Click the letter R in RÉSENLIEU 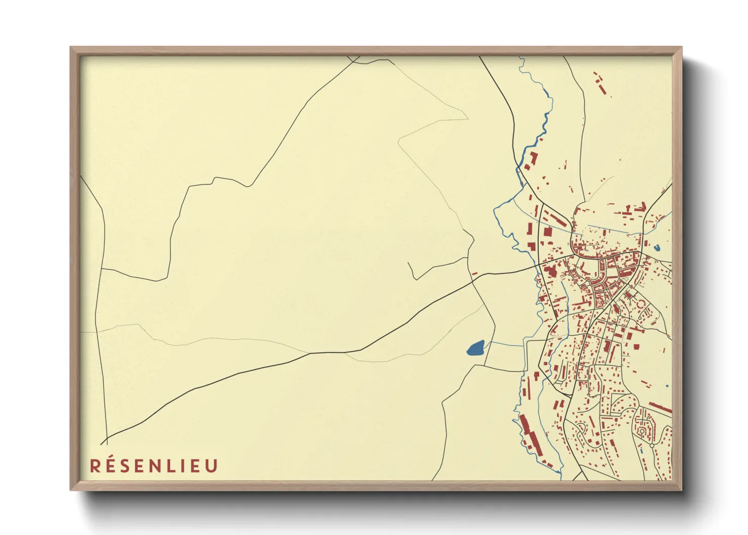point(95,466)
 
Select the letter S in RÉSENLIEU point(124,466)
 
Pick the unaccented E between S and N point(138,466)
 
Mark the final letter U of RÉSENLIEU point(210,466)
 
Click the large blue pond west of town point(476,348)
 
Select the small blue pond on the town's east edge point(657,248)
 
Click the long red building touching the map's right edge point(660,408)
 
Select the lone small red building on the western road point(474,274)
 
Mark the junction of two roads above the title point(107,438)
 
